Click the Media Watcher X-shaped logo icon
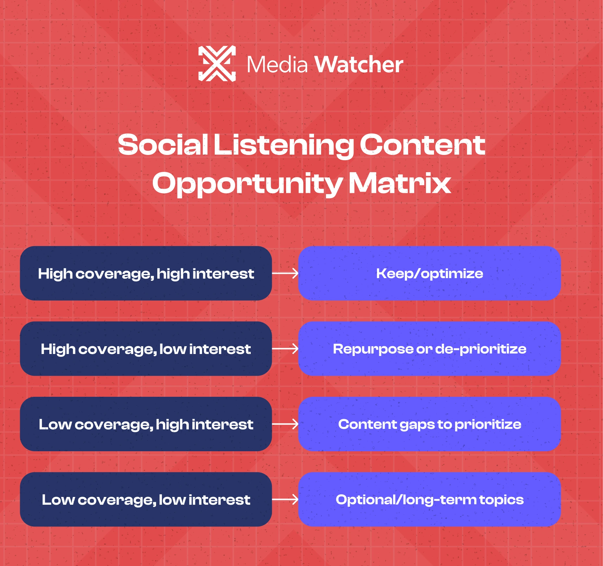217,64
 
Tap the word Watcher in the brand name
359,65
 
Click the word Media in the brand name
277,65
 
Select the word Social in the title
163,145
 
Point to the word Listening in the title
283,146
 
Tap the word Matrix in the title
400,183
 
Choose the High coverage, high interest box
146,273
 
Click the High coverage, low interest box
146,349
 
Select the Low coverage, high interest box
146,424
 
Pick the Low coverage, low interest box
146,499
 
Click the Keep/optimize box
429,273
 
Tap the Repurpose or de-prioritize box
429,349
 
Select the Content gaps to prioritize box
429,424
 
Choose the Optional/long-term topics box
429,499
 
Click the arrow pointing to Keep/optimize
285,273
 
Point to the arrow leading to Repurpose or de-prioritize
285,349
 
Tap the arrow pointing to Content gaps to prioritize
285,424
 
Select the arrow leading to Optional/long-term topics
285,499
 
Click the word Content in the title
422,145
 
